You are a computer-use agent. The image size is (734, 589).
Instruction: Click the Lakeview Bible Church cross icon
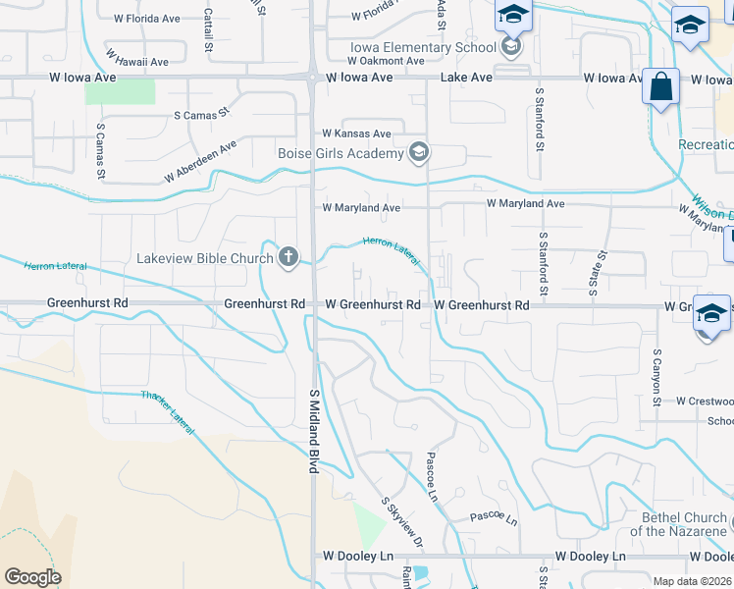[x=288, y=258]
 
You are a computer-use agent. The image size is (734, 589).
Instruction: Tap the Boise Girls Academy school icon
[x=419, y=152]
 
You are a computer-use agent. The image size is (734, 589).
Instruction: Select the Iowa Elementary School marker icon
[x=510, y=46]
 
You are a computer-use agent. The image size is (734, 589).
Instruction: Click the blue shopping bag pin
[x=661, y=86]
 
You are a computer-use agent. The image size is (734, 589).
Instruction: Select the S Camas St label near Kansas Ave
[x=201, y=115]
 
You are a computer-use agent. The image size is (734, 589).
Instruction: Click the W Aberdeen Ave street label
[x=201, y=162]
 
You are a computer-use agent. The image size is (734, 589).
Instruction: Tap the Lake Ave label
[x=466, y=77]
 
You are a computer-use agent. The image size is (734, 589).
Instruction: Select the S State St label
[x=595, y=272]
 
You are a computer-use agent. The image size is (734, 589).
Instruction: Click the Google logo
[x=32, y=576]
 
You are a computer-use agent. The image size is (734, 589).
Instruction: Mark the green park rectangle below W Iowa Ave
[x=120, y=91]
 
